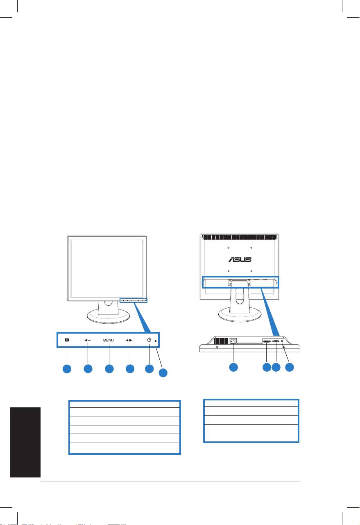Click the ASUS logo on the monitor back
click(240, 259)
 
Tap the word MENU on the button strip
click(109, 340)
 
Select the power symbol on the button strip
click(149, 340)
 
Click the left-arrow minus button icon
click(87, 340)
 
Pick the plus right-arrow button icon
click(129, 340)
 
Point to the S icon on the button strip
click(67, 340)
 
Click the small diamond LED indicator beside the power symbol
click(156, 341)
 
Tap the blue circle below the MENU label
click(109, 369)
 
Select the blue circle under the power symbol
click(149, 369)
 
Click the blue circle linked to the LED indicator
click(163, 373)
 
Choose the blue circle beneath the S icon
click(67, 369)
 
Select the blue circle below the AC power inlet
click(233, 367)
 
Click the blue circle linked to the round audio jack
click(290, 367)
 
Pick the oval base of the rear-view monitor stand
click(239, 314)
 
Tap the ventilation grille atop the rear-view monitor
click(239, 237)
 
